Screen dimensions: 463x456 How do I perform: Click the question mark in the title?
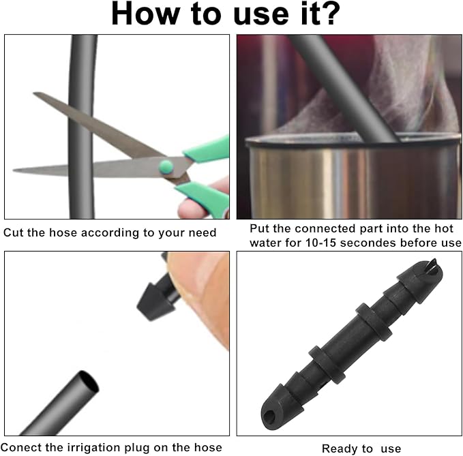328,13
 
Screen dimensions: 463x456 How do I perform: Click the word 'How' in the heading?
145,14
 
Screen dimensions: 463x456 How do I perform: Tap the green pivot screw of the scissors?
166,167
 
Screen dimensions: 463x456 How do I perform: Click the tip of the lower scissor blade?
14,170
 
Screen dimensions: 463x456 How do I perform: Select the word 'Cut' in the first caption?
14,232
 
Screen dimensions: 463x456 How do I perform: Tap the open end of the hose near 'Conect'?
88,381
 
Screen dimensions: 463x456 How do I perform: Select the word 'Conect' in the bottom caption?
21,447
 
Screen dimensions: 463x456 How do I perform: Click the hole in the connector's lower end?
270,416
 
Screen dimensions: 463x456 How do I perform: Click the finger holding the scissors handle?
192,208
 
